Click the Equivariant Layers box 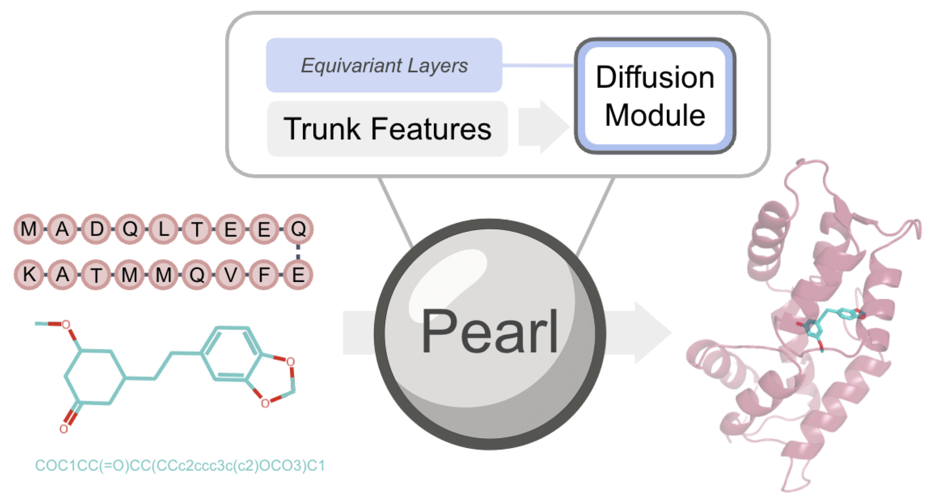point(384,65)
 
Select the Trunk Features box point(387,129)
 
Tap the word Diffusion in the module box point(655,78)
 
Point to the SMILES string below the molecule point(180,466)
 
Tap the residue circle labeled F point(264,274)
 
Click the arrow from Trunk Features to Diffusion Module point(543,127)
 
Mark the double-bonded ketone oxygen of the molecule point(64,429)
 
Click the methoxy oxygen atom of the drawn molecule point(66,324)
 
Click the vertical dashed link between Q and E point(298,252)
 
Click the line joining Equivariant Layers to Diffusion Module point(538,66)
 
